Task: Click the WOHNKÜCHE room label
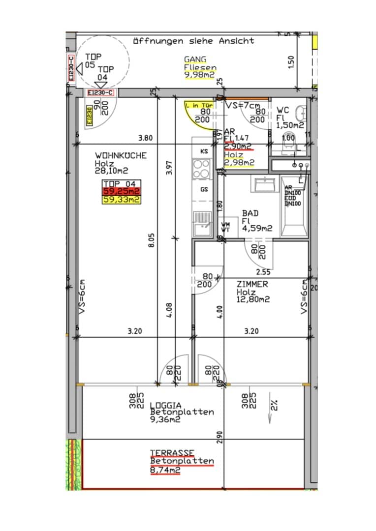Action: (121, 155)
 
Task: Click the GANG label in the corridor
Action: (195, 59)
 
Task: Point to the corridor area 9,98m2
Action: (199, 75)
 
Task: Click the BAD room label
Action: (250, 213)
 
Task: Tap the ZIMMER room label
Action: (252, 284)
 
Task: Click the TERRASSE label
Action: (172, 453)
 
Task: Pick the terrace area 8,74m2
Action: (165, 470)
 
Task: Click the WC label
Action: (283, 110)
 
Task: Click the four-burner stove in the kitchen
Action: (201, 169)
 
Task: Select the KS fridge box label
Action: (203, 151)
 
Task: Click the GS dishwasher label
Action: (203, 189)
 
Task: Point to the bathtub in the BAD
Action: (294, 206)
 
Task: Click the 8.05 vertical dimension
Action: (152, 240)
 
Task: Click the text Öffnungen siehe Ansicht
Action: (194, 41)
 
